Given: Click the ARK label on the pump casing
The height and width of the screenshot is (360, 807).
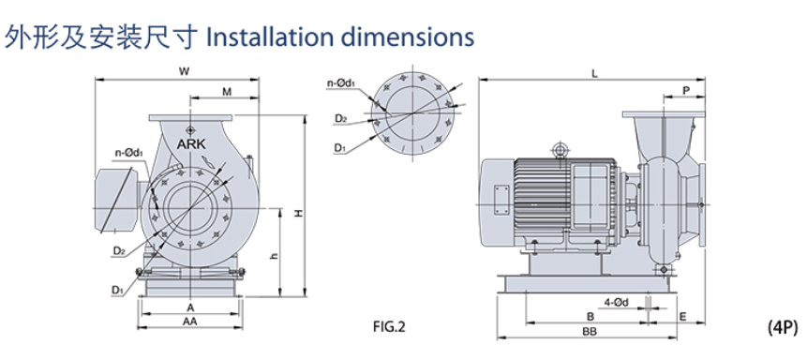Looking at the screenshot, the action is click(191, 143).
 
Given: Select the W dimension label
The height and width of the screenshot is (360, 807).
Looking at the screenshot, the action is click(184, 72).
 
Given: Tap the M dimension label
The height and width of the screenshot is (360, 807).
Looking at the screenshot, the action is click(227, 92).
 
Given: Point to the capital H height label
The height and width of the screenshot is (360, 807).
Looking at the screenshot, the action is click(298, 213).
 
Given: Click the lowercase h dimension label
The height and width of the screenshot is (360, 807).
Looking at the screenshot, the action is click(275, 257).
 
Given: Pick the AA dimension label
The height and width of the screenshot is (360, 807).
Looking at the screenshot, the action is click(190, 322).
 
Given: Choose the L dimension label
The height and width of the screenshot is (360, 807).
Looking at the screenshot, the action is click(594, 74).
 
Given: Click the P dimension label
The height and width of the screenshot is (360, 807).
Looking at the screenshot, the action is click(685, 90).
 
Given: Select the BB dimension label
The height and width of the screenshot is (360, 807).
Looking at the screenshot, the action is click(590, 332).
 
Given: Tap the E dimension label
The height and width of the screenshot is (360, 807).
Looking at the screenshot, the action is click(683, 317).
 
